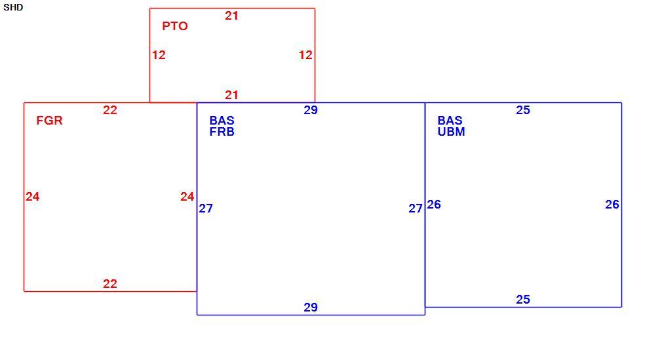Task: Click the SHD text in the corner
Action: tap(13, 8)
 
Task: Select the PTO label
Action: tap(175, 26)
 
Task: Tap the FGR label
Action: tap(49, 121)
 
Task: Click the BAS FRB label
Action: tap(222, 127)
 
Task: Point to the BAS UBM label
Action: tap(452, 127)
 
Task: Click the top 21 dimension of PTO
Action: tap(231, 16)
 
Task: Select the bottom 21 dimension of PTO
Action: tap(231, 95)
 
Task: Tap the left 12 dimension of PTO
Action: tap(159, 55)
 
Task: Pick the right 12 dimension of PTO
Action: tap(305, 55)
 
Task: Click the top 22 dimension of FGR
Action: tap(109, 110)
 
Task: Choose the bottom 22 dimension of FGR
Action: tap(109, 284)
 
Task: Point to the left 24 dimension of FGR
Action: tap(33, 197)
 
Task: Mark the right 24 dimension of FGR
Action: tap(187, 197)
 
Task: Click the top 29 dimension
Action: tap(311, 110)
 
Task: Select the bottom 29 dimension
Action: tap(311, 308)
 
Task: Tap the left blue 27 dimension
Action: tap(206, 209)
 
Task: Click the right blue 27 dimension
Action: tap(416, 209)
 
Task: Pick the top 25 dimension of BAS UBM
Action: tap(523, 110)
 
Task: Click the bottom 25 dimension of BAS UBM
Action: tap(523, 300)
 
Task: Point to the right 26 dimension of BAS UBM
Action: tap(612, 205)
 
